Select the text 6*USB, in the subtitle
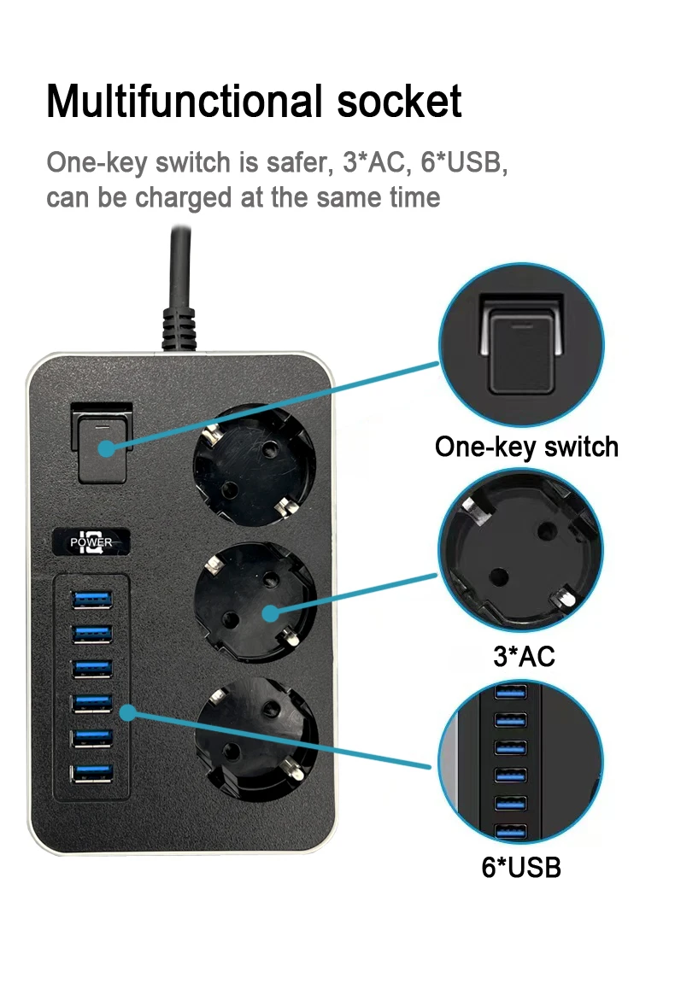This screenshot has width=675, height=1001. click(x=464, y=162)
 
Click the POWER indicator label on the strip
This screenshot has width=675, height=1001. click(x=91, y=542)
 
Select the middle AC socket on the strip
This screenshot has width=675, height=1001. click(x=255, y=602)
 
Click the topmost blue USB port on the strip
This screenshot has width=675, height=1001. click(x=92, y=600)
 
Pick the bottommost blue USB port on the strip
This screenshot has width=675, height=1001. click(x=92, y=773)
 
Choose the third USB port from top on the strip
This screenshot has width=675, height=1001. click(x=92, y=669)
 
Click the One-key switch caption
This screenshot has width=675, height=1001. click(x=527, y=448)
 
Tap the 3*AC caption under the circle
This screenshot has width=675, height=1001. click(x=525, y=656)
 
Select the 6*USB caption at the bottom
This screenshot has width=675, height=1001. click(x=521, y=868)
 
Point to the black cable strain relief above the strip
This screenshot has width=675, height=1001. click(x=179, y=329)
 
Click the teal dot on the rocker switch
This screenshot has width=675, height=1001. click(x=106, y=448)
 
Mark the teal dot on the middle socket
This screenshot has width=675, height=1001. click(x=271, y=613)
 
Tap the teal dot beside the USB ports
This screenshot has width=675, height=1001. click(x=127, y=712)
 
